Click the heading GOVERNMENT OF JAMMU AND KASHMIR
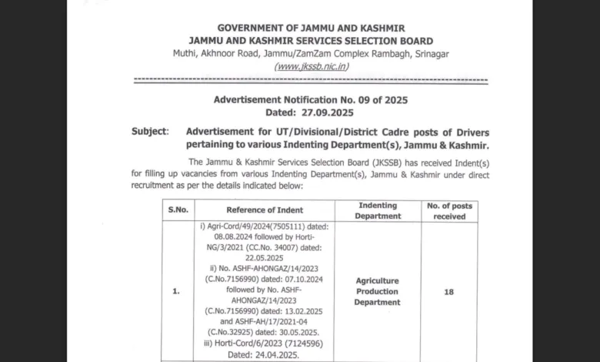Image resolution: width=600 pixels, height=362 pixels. pos(311,28)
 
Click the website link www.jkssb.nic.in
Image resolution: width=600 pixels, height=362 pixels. pos(311,66)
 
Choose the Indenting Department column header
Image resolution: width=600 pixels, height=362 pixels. pos(377,210)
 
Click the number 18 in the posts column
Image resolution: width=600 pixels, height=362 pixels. pos(448,292)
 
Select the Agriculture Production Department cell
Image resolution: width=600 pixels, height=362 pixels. pos(377,292)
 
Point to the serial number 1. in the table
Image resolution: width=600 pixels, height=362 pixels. pos(177,292)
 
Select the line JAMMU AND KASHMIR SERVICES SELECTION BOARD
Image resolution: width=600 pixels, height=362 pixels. pos(311,41)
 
